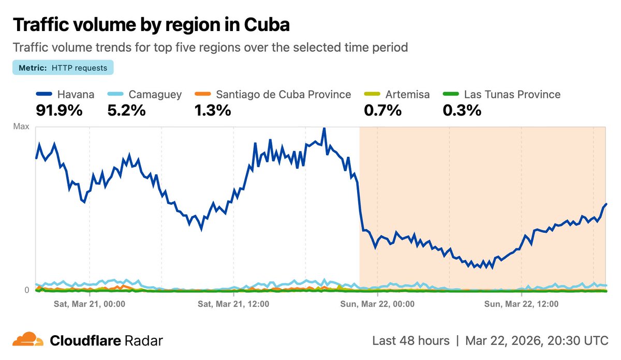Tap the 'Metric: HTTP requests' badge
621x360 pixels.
tap(63, 68)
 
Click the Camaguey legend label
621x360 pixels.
tap(155, 95)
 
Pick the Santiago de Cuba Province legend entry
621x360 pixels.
tap(283, 95)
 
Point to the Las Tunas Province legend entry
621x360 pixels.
tap(512, 95)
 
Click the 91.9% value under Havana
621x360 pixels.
tap(58, 110)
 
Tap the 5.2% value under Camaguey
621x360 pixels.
tap(126, 110)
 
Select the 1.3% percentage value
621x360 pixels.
tap(212, 110)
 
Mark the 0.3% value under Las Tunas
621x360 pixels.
tap(462, 110)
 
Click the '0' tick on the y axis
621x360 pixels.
tap(27, 290)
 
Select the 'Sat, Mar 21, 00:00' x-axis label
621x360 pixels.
tap(90, 304)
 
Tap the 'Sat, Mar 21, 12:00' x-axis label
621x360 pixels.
tap(233, 304)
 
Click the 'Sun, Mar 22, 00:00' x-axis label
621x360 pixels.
tap(377, 304)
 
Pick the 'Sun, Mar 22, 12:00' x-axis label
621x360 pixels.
tap(521, 304)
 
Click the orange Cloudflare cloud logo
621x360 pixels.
tap(28, 340)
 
